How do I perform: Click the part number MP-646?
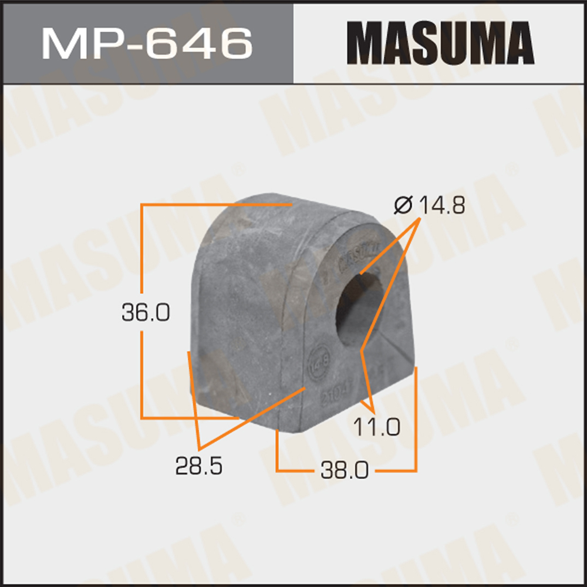coord(147,42)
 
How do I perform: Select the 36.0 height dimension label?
coord(146,313)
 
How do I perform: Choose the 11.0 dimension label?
coord(376,427)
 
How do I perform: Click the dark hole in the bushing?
coord(358,308)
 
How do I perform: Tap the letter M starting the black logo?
coord(362,42)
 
